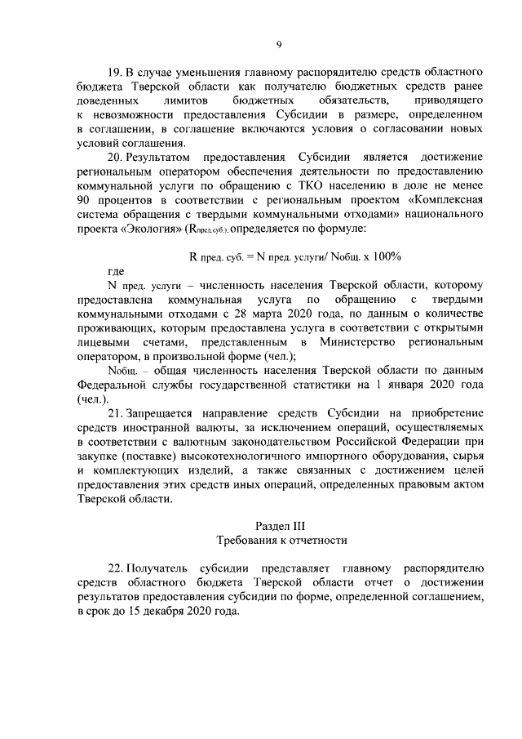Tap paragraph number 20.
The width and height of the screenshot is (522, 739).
coord(115,156)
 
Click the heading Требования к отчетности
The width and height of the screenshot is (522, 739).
coord(281,541)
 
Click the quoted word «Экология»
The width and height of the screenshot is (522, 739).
coord(153,229)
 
